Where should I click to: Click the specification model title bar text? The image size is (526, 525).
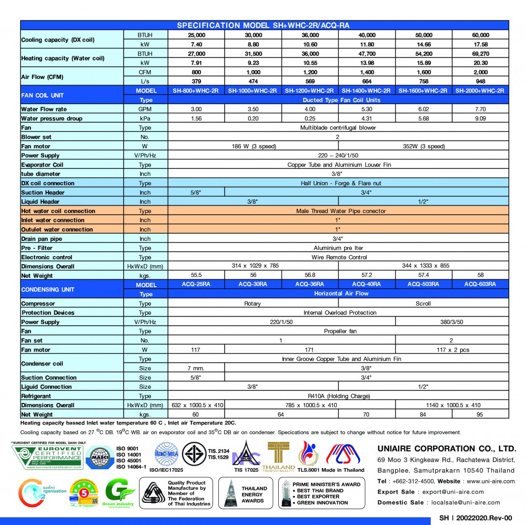point(264,25)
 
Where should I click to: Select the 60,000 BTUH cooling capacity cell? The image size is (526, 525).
point(480,35)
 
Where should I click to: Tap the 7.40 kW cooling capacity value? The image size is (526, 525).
point(196,44)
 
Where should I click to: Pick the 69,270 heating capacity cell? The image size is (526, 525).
point(480,54)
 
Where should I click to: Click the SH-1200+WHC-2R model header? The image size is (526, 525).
point(310,90)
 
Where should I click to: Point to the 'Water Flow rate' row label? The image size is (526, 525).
point(44,109)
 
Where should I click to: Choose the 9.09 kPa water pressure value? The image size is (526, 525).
point(480,118)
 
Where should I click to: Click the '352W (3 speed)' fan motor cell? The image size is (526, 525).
point(423,146)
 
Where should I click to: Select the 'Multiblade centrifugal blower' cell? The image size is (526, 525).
point(338,128)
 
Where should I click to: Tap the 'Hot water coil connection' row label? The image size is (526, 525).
point(58,211)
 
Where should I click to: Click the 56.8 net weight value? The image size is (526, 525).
point(310,275)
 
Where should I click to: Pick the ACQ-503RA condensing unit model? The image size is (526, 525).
point(423,284)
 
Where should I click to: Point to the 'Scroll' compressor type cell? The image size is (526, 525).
point(423,304)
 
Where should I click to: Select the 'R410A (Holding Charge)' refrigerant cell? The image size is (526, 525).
point(338,396)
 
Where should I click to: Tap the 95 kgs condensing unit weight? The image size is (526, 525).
point(480,415)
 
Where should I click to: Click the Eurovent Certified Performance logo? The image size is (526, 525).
point(47,458)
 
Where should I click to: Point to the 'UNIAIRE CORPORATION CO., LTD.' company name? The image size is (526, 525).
point(447,449)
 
